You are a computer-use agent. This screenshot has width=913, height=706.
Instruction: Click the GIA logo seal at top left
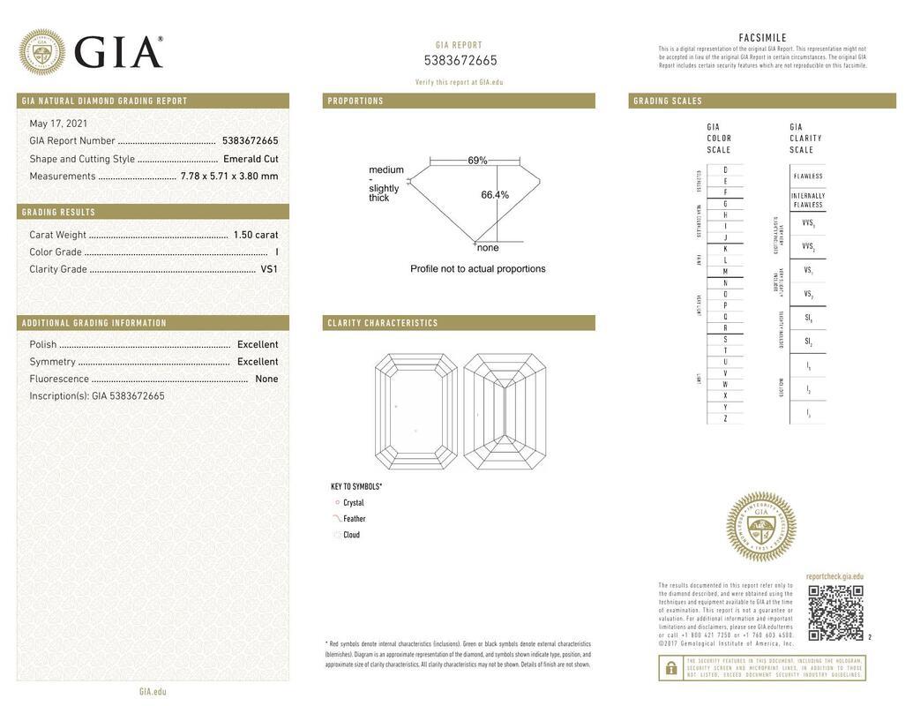[x=41, y=51]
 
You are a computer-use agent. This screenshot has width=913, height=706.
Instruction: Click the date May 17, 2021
[x=58, y=124]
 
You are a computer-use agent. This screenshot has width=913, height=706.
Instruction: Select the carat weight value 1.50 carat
[x=255, y=235]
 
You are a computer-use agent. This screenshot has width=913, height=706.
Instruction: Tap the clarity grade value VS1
[x=269, y=269]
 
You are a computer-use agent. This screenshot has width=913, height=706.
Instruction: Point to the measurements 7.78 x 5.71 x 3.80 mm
[x=229, y=176]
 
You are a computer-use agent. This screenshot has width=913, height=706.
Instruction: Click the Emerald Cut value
[x=251, y=159]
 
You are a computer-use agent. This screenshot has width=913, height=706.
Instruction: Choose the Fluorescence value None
[x=266, y=379]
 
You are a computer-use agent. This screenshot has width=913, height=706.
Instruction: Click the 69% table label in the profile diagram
[x=477, y=161]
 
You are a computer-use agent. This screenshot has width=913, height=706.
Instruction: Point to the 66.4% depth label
[x=495, y=195]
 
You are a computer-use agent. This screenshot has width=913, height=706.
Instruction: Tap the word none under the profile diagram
[x=488, y=248]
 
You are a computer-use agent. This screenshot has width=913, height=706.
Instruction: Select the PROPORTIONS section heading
[x=355, y=101]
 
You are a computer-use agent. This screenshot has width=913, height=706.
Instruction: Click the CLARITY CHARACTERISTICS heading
[x=383, y=323]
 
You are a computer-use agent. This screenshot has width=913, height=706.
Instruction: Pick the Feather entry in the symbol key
[x=354, y=519]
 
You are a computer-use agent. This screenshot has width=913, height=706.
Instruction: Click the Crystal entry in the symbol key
[x=353, y=503]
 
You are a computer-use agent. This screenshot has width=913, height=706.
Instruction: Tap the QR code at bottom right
[x=835, y=612]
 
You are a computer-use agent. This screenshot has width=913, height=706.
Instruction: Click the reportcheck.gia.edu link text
[x=834, y=576]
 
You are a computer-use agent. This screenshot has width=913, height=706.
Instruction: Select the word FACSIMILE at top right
[x=762, y=37]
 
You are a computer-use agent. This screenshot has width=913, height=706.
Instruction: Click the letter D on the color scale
[x=725, y=169]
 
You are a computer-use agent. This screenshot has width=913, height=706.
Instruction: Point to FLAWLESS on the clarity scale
[x=807, y=176]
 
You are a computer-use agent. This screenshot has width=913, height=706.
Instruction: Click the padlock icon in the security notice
[x=670, y=668]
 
